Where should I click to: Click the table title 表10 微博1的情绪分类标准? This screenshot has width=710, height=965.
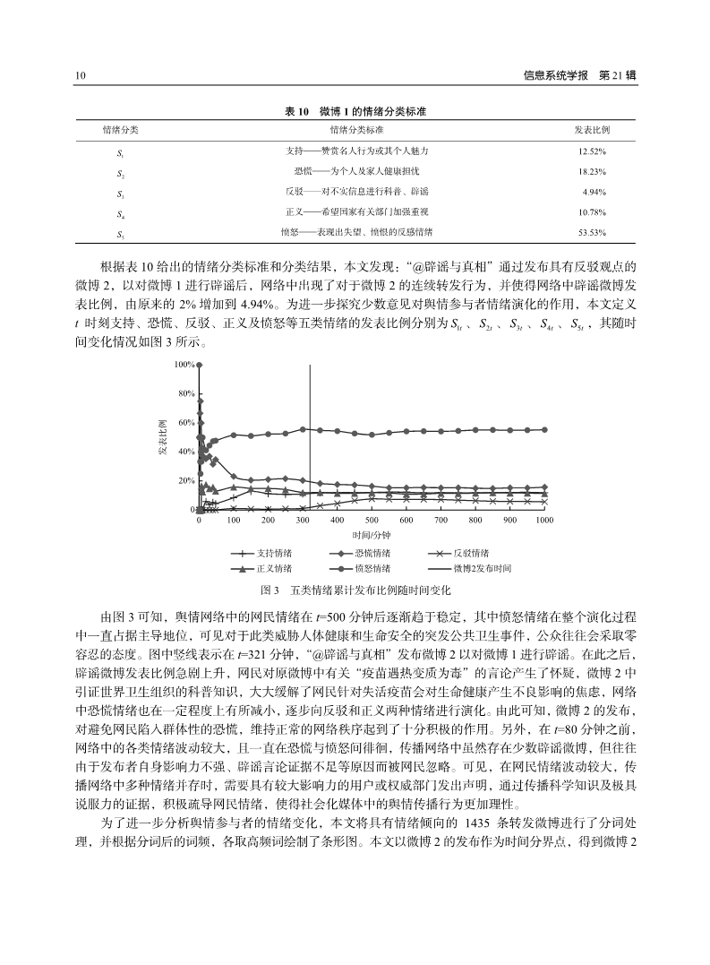point(355,112)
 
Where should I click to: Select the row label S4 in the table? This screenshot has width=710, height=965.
point(120,212)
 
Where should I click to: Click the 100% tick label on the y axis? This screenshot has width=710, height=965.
point(184,365)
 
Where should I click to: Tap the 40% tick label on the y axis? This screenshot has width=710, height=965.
point(186,452)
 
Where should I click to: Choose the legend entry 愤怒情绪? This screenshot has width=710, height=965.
point(359,568)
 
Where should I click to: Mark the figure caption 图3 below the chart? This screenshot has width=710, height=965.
point(355,590)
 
